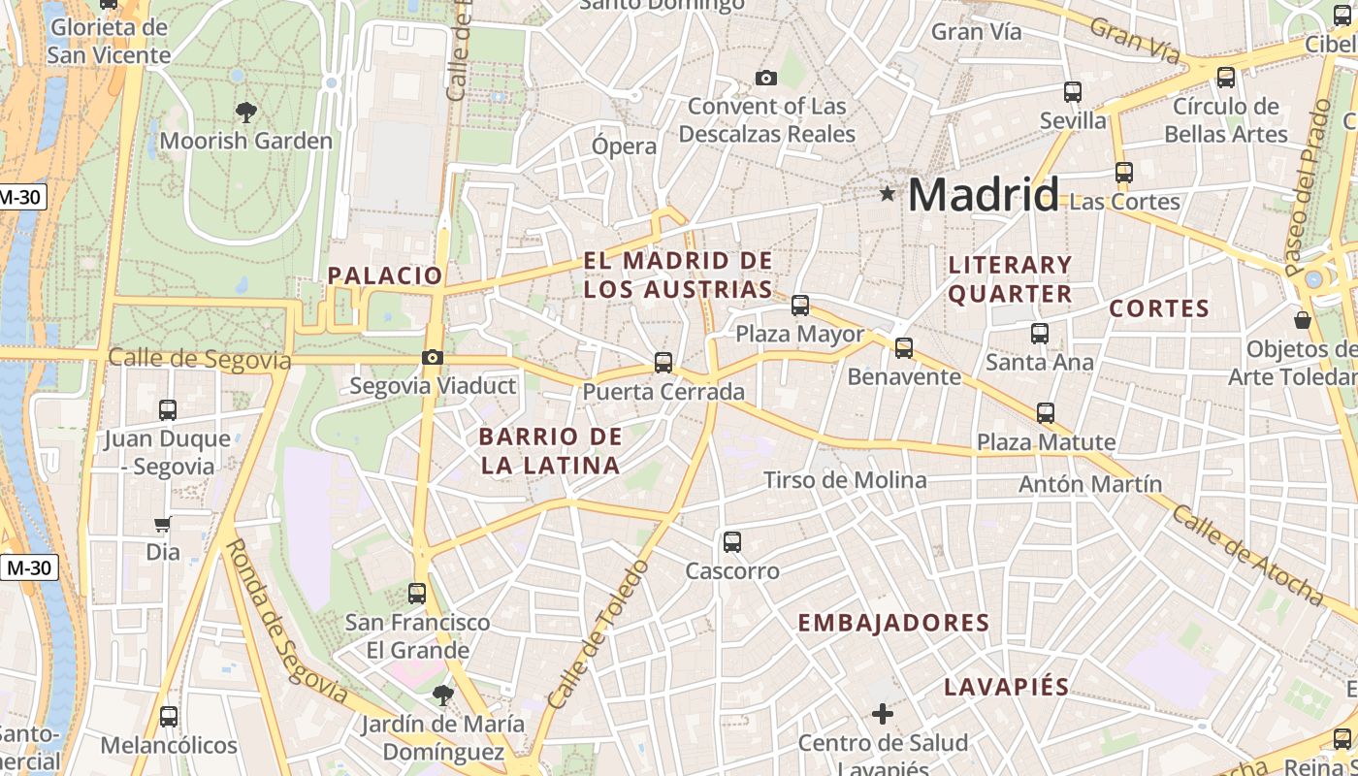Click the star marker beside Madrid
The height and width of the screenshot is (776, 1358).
click(x=887, y=194)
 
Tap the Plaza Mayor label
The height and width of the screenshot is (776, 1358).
click(x=799, y=334)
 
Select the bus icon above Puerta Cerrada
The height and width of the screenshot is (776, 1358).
click(x=663, y=363)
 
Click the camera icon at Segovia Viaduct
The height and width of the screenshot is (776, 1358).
click(x=433, y=358)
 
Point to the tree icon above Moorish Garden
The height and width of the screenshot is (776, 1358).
click(x=245, y=112)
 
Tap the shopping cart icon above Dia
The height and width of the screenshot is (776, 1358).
click(x=162, y=525)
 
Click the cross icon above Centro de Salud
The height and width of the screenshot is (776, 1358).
click(x=882, y=715)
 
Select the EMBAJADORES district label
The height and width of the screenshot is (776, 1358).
click(x=893, y=623)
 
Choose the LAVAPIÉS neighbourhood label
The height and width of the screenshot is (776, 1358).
click(x=1007, y=687)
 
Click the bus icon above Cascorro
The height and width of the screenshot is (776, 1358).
click(x=732, y=542)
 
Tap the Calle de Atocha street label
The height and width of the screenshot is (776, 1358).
click(x=1247, y=555)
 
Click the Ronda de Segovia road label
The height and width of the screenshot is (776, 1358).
click(x=286, y=621)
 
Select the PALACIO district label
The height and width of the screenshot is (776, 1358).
click(x=385, y=275)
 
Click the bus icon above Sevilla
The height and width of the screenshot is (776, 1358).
click(x=1073, y=92)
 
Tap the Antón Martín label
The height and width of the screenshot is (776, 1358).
click(x=1090, y=483)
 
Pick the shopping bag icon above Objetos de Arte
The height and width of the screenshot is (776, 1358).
click(x=1303, y=319)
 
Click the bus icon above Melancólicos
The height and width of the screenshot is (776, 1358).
click(x=169, y=717)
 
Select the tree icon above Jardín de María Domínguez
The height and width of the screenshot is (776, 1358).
click(x=442, y=695)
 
